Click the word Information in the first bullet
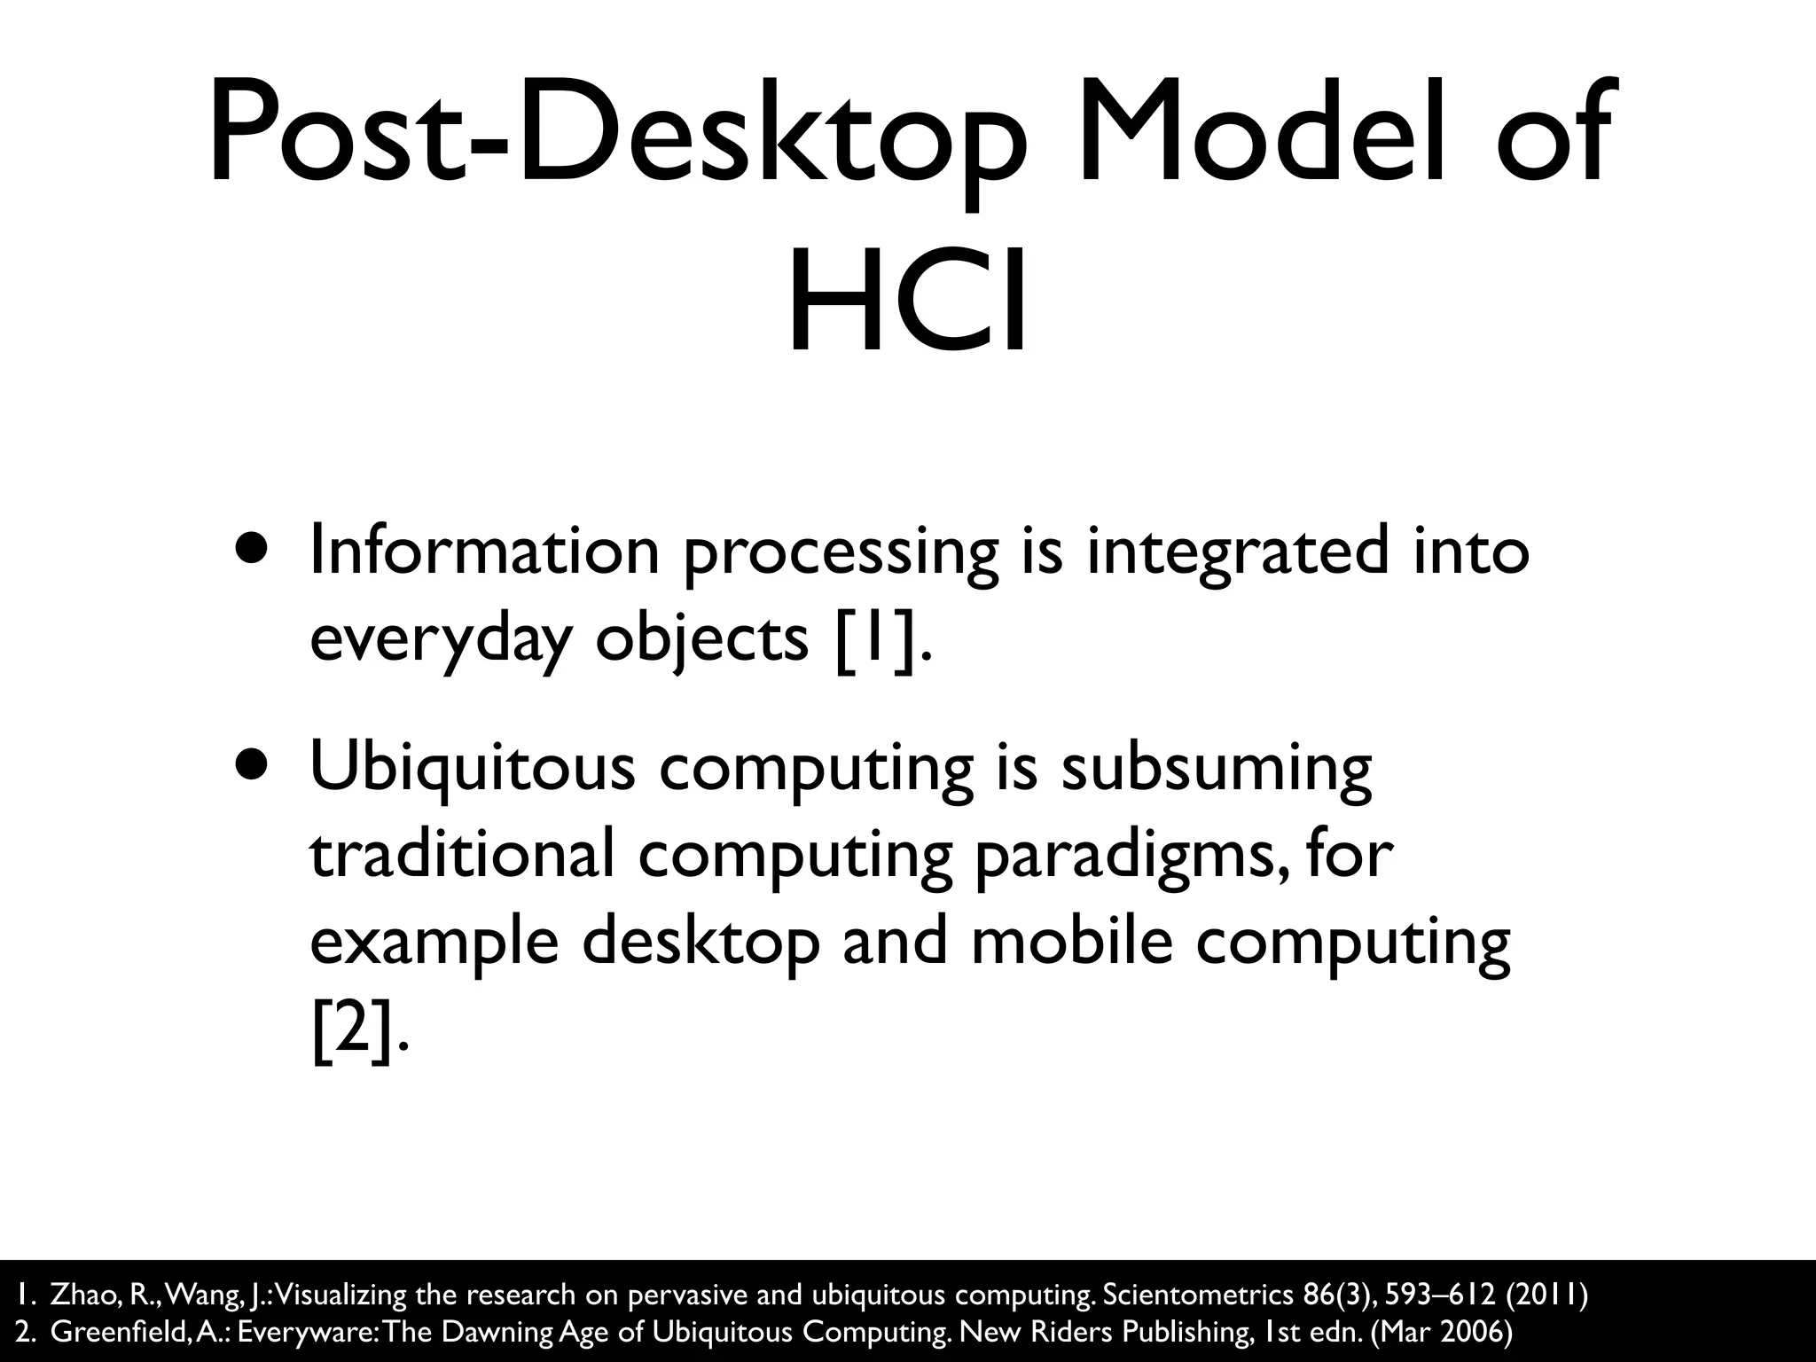point(484,550)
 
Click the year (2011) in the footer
point(1546,1295)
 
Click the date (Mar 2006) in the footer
point(1441,1333)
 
